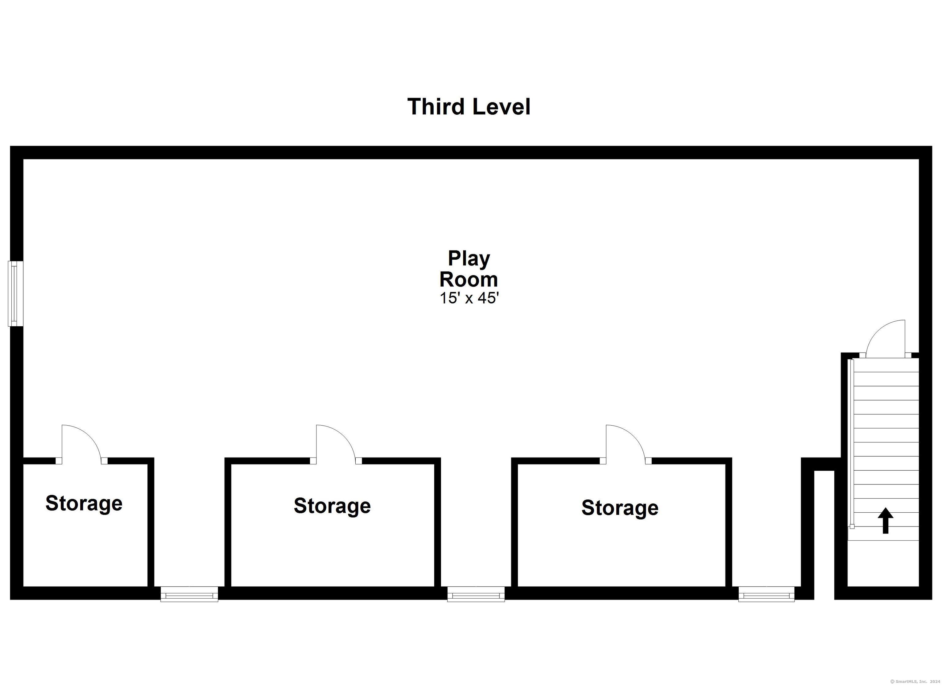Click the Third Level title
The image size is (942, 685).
pyautogui.click(x=469, y=106)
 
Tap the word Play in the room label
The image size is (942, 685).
pyautogui.click(x=469, y=259)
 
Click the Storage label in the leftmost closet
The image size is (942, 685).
pyautogui.click(x=84, y=503)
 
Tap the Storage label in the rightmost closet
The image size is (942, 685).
pyautogui.click(x=620, y=508)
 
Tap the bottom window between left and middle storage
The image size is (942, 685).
pyautogui.click(x=190, y=594)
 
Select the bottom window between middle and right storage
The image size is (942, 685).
pyautogui.click(x=476, y=594)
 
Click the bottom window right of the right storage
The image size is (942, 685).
pyautogui.click(x=766, y=594)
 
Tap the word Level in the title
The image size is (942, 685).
pyautogui.click(x=501, y=106)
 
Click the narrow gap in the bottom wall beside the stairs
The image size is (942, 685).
pyautogui.click(x=824, y=535)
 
